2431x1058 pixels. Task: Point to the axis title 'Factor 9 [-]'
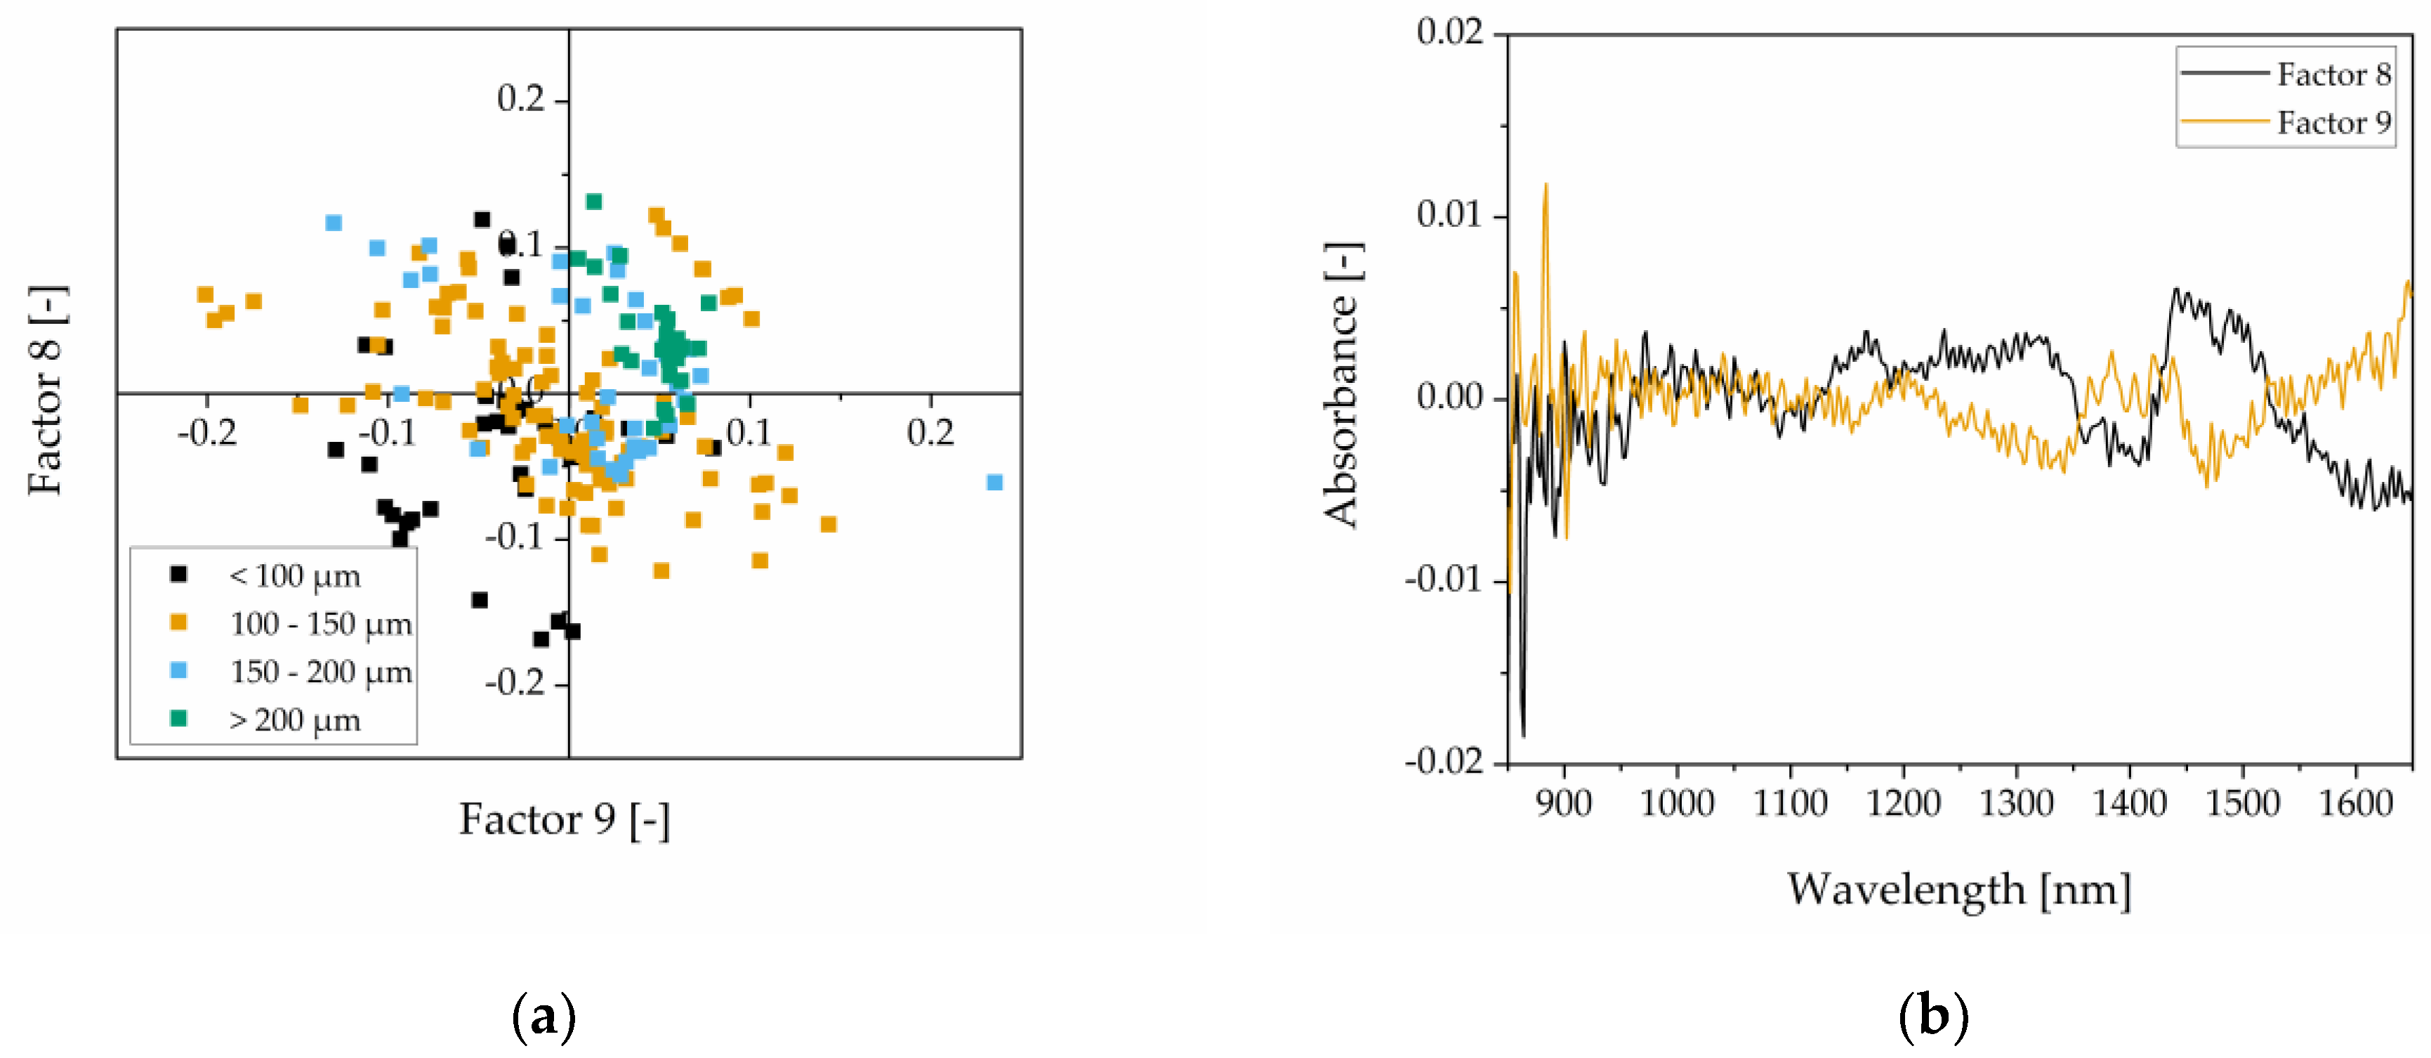click(x=565, y=819)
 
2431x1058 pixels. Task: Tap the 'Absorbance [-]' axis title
click(x=1341, y=385)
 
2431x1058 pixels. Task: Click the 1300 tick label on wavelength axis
click(x=2016, y=803)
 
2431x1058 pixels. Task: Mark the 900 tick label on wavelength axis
click(x=1564, y=803)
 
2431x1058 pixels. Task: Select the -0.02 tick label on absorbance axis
click(x=1444, y=761)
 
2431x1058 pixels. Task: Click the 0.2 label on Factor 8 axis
click(x=521, y=98)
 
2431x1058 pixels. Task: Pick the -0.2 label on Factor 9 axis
click(x=206, y=433)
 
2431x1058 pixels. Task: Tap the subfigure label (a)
click(x=543, y=1017)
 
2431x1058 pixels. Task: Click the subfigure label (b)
click(x=1932, y=1017)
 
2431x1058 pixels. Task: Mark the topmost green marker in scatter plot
click(x=593, y=201)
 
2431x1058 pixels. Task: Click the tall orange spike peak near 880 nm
click(x=1546, y=186)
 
